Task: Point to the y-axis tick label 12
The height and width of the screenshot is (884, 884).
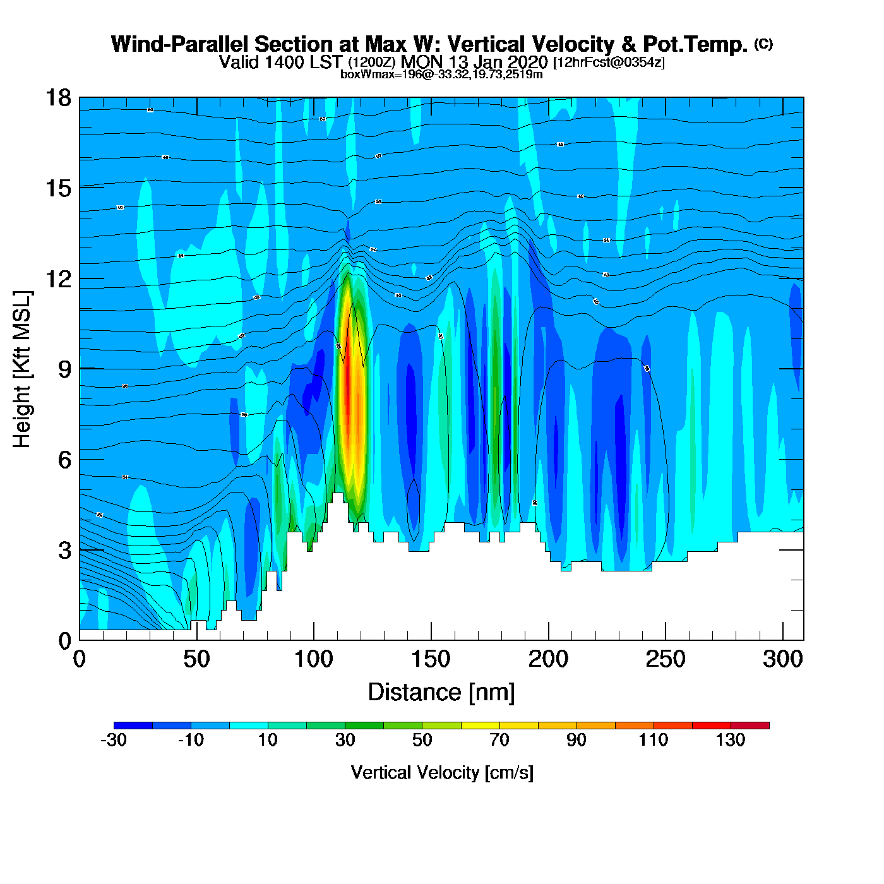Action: point(57,278)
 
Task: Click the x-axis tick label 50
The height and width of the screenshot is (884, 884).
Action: point(196,659)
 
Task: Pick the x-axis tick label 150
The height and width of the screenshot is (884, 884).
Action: point(431,659)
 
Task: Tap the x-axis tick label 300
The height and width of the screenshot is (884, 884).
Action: point(782,659)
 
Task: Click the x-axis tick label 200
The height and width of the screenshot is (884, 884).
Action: point(548,659)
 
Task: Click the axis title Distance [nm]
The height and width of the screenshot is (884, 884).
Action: point(441,692)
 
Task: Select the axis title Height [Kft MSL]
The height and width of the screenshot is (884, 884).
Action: point(22,369)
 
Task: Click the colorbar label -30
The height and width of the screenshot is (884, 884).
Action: point(114,740)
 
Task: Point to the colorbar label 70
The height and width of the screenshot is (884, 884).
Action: point(499,740)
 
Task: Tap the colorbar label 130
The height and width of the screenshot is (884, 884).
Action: point(731,740)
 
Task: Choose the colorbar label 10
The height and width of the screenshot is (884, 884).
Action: point(268,740)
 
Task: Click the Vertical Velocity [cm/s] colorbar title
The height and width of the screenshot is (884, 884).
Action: point(442,772)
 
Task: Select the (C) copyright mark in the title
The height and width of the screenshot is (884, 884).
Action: point(763,44)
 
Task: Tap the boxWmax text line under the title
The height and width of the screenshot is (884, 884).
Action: point(441,75)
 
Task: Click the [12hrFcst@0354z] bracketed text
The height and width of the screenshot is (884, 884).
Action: point(609,63)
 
